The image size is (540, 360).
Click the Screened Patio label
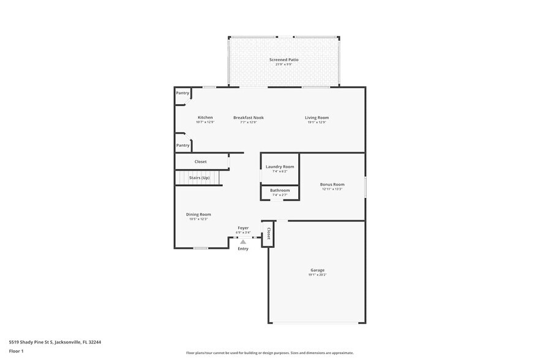click(283, 59)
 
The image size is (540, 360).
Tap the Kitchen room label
click(205, 118)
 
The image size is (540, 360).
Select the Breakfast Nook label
click(248, 118)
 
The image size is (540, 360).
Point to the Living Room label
click(317, 118)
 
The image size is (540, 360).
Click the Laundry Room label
click(280, 167)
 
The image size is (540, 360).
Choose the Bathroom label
click(280, 190)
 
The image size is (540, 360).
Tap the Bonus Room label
click(332, 184)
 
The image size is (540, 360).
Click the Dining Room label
click(198, 214)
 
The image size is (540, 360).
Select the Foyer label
click(243, 228)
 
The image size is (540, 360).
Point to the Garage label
click(317, 270)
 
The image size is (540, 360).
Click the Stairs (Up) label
click(199, 178)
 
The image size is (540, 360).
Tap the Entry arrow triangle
click(243, 242)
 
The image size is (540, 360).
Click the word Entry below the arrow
click(243, 249)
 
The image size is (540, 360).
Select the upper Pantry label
click(182, 93)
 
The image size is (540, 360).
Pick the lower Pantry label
click(182, 145)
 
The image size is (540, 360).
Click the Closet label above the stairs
click(200, 162)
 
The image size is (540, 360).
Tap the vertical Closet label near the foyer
click(268, 233)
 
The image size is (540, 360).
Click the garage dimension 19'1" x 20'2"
click(317, 276)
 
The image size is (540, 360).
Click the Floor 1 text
click(16, 351)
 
